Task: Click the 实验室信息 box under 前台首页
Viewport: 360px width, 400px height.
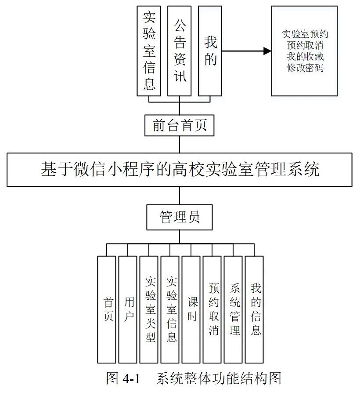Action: pyautogui.click(x=149, y=51)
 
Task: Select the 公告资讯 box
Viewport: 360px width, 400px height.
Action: pyautogui.click(x=180, y=51)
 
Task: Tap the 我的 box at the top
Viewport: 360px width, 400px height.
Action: pyautogui.click(x=210, y=51)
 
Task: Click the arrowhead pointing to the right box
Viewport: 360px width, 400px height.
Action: pyautogui.click(x=267, y=51)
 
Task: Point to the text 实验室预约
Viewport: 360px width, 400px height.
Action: pyautogui.click(x=305, y=34)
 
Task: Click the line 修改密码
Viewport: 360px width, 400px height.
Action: pyautogui.click(x=305, y=68)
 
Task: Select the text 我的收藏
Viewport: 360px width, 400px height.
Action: pyautogui.click(x=305, y=57)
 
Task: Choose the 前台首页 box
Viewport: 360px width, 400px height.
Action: pyautogui.click(x=180, y=126)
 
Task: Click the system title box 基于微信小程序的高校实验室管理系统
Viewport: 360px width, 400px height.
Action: pyautogui.click(x=180, y=170)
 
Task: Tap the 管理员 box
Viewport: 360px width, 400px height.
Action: pyautogui.click(x=180, y=217)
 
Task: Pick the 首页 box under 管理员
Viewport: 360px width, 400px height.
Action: pyautogui.click(x=107, y=309)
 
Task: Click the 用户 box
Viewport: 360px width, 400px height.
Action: pyautogui.click(x=128, y=309)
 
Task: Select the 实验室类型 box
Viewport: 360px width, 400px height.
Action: pyautogui.click(x=149, y=309)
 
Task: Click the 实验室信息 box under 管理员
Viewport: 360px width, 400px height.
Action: pyautogui.click(x=170, y=309)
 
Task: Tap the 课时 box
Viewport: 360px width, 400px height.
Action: pyautogui.click(x=191, y=309)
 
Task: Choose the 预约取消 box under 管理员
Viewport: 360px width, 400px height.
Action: pyautogui.click(x=212, y=309)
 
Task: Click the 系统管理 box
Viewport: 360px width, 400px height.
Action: pyautogui.click(x=233, y=309)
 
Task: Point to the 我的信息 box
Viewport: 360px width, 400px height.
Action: pyautogui.click(x=254, y=309)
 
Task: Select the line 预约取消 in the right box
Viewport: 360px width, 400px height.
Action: pyautogui.click(x=305, y=45)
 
